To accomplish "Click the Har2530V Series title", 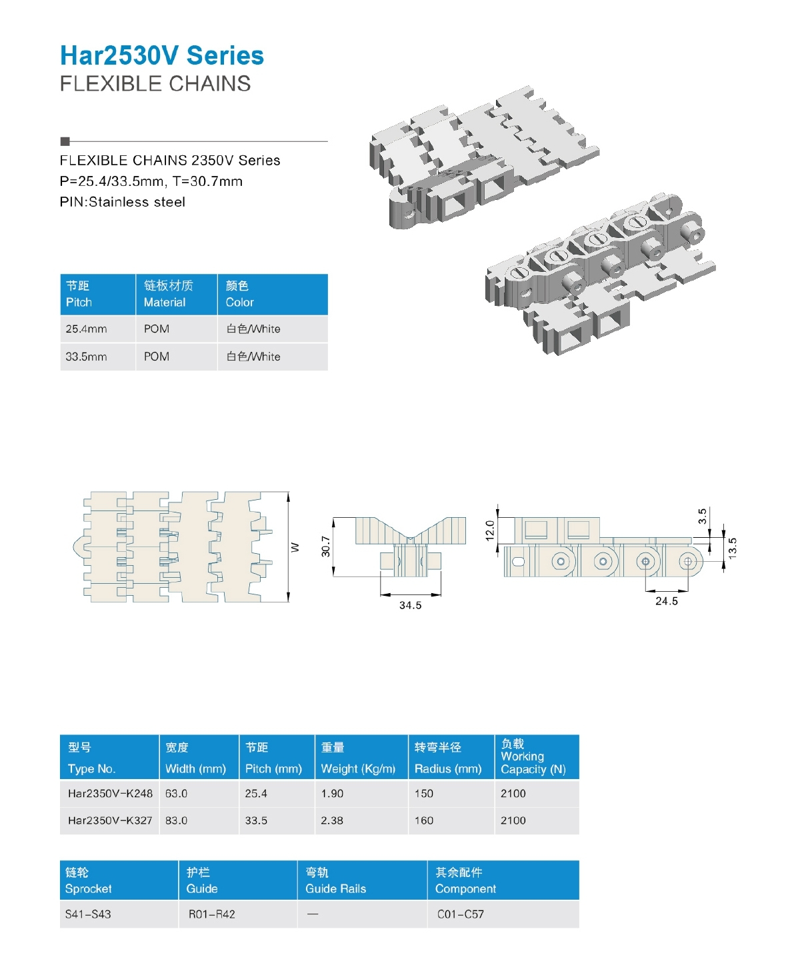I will pyautogui.click(x=162, y=56).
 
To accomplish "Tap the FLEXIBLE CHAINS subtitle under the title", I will pyautogui.click(x=155, y=84).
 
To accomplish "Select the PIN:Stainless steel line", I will pyautogui.click(x=123, y=202).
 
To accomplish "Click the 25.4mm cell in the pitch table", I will pyautogui.click(x=86, y=329).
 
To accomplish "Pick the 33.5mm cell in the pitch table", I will pyautogui.click(x=86, y=357).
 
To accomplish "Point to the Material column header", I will pyautogui.click(x=168, y=294).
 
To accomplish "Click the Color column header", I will pyautogui.click(x=239, y=294).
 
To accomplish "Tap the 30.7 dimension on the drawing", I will pyautogui.click(x=325, y=546).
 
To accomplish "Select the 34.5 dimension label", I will pyautogui.click(x=410, y=605).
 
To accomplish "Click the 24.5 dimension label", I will pyautogui.click(x=666, y=601).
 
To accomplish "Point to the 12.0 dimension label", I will pyautogui.click(x=490, y=530).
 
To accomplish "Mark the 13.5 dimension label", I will pyautogui.click(x=732, y=547).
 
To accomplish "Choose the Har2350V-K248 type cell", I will pyautogui.click(x=110, y=793).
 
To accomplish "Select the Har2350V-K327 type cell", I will pyautogui.click(x=110, y=820).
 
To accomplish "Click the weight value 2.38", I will pyautogui.click(x=332, y=820).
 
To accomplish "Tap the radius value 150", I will pyautogui.click(x=424, y=793).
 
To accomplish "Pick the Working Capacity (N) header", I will pyautogui.click(x=533, y=757).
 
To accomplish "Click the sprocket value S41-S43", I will pyautogui.click(x=88, y=914).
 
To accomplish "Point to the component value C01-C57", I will pyautogui.click(x=461, y=914).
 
